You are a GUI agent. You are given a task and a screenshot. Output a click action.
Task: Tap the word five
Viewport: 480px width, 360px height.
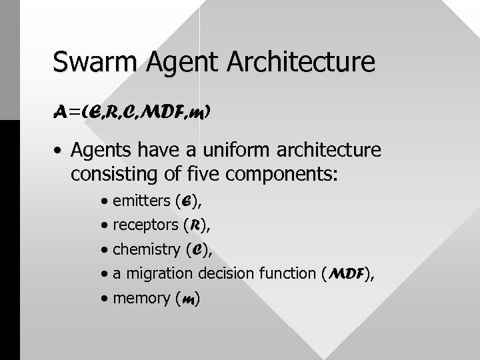189,175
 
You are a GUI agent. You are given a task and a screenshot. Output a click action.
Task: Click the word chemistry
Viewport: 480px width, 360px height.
145,249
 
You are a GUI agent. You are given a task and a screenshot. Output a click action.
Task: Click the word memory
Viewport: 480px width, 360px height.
141,298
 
